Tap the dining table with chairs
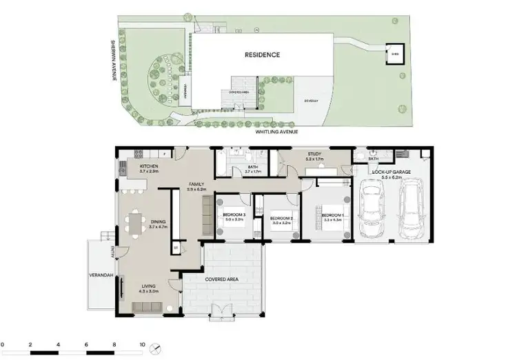[134, 221]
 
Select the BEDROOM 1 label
[334, 216]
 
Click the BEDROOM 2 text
[283, 219]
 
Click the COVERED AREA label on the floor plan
[222, 279]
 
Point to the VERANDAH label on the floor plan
[100, 275]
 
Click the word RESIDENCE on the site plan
[262, 54]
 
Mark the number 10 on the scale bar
[142, 343]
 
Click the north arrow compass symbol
[158, 345]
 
